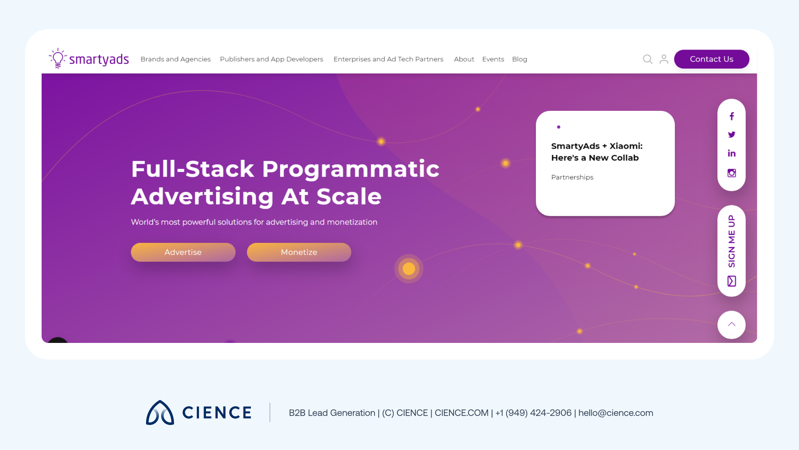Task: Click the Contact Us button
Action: point(711,59)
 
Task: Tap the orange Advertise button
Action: point(183,252)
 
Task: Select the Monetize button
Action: point(299,252)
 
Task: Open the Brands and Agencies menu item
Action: point(176,59)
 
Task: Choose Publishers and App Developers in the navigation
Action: point(271,59)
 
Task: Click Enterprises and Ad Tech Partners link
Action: point(388,59)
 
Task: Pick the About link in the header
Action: point(464,59)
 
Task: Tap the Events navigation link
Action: point(493,59)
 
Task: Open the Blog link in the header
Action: point(519,59)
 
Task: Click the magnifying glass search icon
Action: point(648,59)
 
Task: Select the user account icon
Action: point(664,59)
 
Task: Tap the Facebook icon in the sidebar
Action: point(732,116)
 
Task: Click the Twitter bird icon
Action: point(732,135)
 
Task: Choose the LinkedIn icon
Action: point(732,153)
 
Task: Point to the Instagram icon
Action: point(732,173)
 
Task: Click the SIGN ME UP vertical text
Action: point(732,241)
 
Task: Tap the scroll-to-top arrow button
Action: point(732,325)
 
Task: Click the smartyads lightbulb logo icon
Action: point(58,58)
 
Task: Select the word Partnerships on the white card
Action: point(572,177)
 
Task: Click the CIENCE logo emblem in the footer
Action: point(160,412)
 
